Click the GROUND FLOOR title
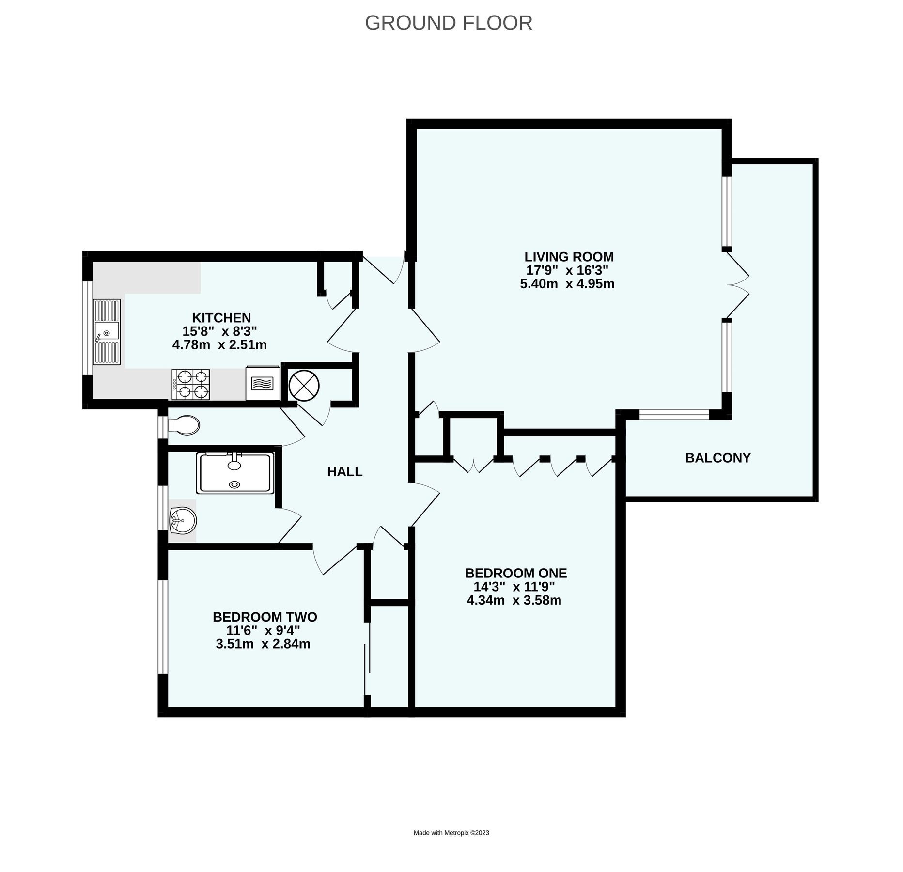449,23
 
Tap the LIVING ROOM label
569,256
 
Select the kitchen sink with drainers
107,331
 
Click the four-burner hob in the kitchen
191,384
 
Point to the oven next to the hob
263,383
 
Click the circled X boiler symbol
304,385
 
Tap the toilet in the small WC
184,426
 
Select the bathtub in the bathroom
235,473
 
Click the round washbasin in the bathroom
183,521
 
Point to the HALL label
344,471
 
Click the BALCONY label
717,458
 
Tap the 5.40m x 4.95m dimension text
567,284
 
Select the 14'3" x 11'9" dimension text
514,587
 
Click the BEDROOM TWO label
265,617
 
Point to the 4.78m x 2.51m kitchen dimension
219,345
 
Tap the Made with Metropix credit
451,833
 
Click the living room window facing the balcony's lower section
674,414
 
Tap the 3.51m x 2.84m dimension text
263,644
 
